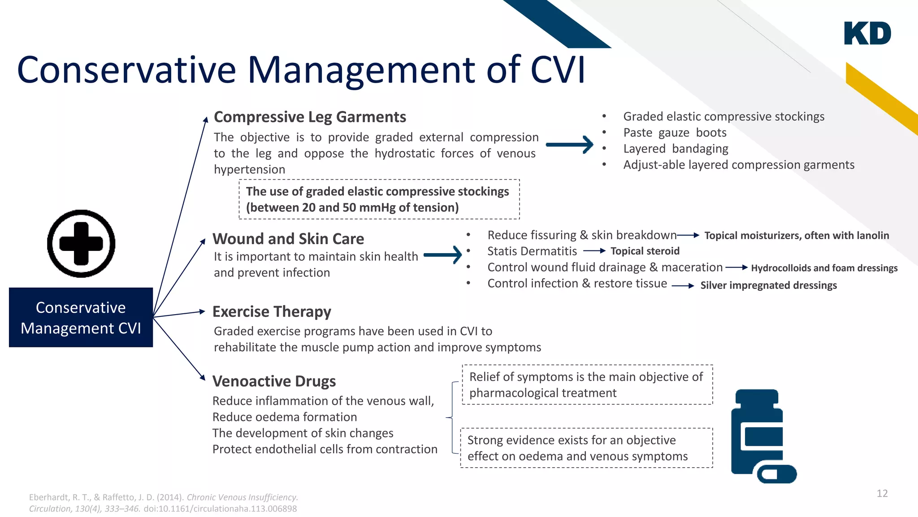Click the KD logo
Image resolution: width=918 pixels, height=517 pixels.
coord(867,33)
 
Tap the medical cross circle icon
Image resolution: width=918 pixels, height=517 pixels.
coord(81,244)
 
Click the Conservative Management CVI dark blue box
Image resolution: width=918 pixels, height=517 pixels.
coord(81,317)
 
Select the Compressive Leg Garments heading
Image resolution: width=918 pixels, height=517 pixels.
coord(310,117)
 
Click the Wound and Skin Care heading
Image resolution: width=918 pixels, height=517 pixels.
coord(288,239)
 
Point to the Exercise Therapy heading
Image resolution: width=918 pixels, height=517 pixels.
coord(272,311)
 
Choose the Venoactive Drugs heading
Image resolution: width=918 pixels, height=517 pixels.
coord(274,381)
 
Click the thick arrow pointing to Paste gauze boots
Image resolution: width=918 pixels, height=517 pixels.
coord(569,145)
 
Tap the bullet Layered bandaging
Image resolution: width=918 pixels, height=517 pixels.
coord(676,149)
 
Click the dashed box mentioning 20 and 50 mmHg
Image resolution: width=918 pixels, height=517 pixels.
coord(379,199)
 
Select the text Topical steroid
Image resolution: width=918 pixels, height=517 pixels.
coord(645,251)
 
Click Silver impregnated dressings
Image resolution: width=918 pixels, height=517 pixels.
coord(768,285)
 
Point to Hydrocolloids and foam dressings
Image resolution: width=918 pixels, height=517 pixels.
coord(824,268)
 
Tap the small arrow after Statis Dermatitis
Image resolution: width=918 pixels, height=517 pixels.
coord(594,251)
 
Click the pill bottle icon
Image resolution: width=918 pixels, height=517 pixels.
coord(758,431)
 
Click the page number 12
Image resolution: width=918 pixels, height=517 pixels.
coord(882,494)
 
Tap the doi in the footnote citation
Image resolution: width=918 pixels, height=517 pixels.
coord(220,509)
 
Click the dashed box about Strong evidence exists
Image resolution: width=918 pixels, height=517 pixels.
coord(586,448)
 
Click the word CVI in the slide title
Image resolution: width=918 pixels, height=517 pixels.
coord(558,70)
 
